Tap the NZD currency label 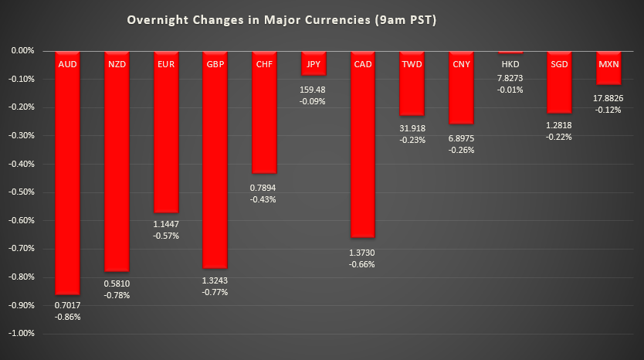[117, 63]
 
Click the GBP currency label [215, 63]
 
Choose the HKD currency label [510, 63]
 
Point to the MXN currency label [608, 63]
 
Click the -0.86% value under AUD [67, 317]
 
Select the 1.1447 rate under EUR [166, 223]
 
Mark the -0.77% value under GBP [215, 292]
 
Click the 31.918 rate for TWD [412, 128]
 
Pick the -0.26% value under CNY [462, 150]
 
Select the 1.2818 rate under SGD [560, 126]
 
